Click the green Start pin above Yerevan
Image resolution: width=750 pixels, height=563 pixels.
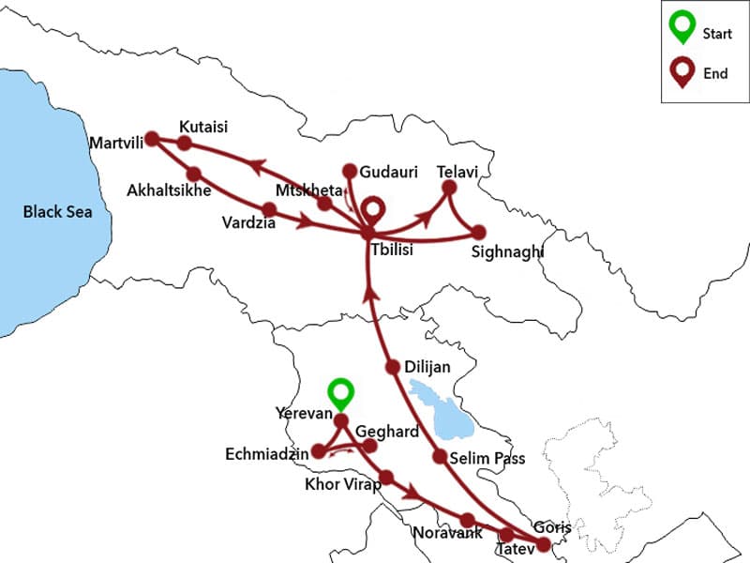click(x=341, y=392)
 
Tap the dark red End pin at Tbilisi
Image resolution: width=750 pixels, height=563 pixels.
click(x=373, y=209)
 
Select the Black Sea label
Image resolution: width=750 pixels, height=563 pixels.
click(x=58, y=212)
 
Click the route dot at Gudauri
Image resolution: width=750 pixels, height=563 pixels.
click(x=350, y=171)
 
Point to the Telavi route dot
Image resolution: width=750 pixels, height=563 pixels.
click(x=448, y=188)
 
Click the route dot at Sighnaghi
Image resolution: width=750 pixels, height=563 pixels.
click(x=479, y=232)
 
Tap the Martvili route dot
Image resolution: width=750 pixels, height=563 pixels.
click(x=152, y=138)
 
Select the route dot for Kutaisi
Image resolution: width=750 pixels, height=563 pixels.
click(x=185, y=144)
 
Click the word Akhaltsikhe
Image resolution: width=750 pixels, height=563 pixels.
click(x=168, y=190)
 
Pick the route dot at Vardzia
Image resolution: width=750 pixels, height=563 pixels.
click(x=269, y=208)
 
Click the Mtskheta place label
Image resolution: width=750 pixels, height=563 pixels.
click(x=313, y=190)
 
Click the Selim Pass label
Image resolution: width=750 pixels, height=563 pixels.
click(x=487, y=459)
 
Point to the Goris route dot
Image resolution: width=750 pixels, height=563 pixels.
click(x=543, y=543)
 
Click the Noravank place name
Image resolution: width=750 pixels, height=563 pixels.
click(x=448, y=534)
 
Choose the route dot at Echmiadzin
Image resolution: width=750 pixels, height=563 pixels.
click(x=318, y=451)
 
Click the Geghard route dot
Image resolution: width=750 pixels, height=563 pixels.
click(x=369, y=446)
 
